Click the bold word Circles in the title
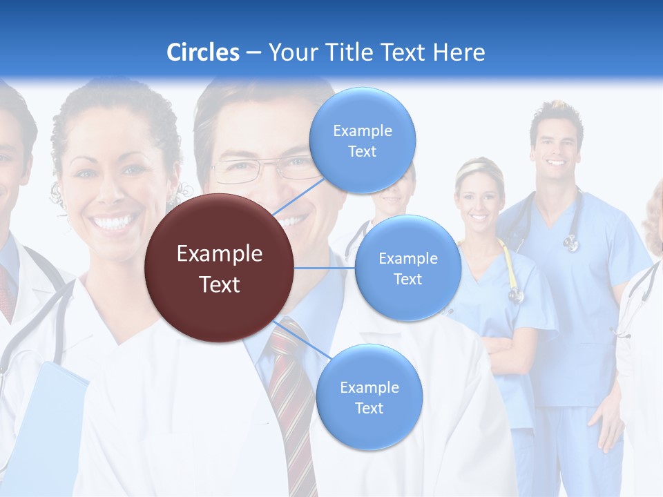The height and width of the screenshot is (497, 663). (202, 52)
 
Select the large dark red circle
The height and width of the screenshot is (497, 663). (219, 269)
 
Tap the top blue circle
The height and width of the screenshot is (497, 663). (362, 140)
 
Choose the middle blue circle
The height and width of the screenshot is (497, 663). (407, 269)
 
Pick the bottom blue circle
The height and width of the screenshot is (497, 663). (369, 398)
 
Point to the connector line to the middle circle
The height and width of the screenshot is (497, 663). (324, 268)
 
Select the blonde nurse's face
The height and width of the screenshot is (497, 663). (478, 200)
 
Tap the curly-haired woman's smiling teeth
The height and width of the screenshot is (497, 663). (114, 222)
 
